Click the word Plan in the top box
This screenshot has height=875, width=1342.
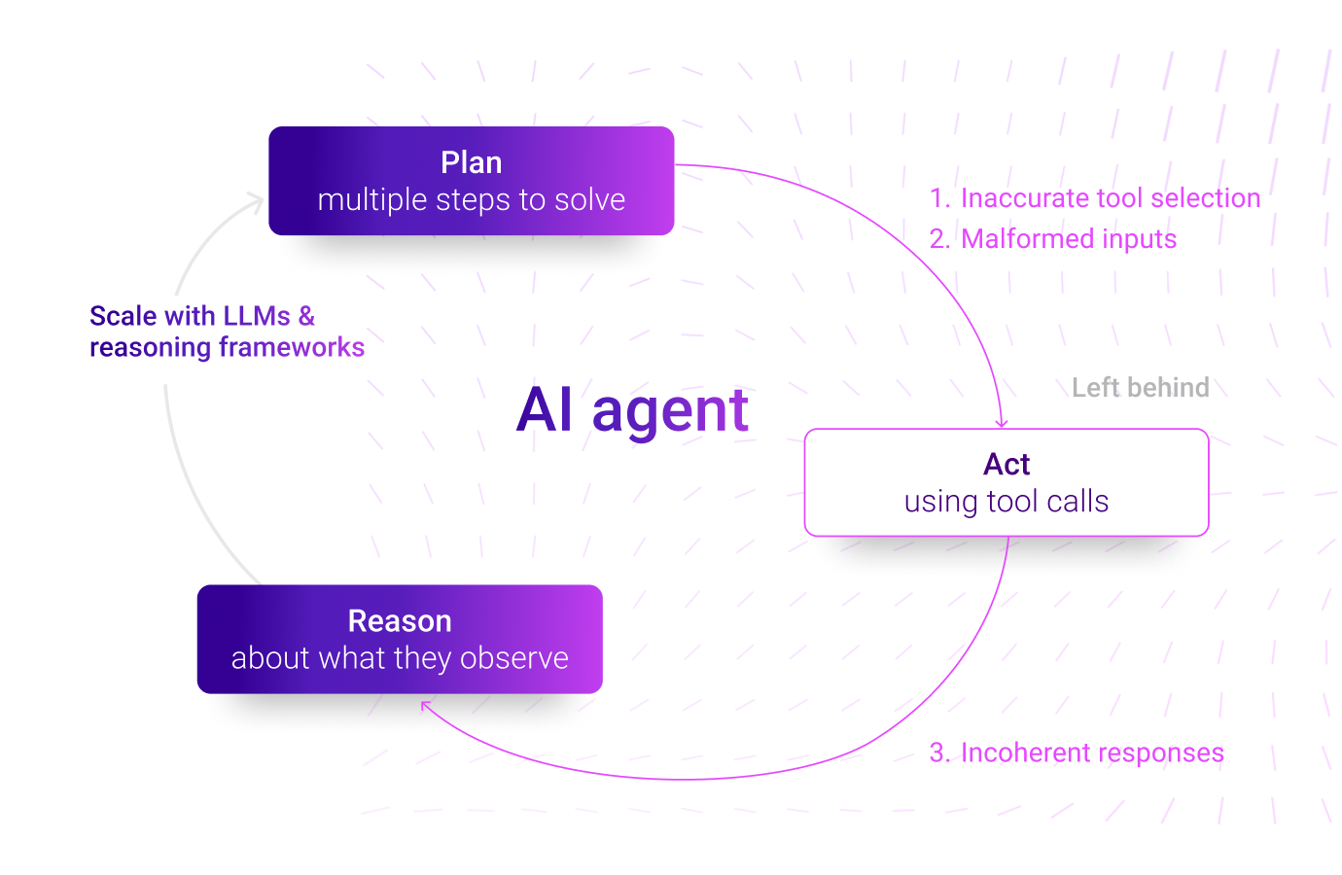click(471, 162)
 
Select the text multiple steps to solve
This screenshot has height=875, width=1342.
click(471, 200)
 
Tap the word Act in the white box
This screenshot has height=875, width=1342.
click(1006, 465)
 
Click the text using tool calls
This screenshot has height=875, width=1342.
click(1006, 502)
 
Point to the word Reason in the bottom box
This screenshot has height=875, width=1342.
click(400, 621)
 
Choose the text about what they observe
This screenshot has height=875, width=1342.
click(400, 658)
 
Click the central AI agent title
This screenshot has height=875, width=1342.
click(633, 410)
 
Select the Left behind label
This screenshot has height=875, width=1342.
click(1140, 388)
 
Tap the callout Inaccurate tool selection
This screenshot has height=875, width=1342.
click(1110, 198)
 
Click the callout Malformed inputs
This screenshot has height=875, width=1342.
click(1068, 239)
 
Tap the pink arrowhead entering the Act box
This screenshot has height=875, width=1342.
click(1002, 423)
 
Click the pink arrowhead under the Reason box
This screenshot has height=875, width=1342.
click(426, 706)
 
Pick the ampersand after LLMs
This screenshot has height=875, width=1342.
click(306, 316)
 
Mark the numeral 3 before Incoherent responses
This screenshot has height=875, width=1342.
click(936, 753)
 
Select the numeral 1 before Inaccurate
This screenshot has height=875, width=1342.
click(936, 198)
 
